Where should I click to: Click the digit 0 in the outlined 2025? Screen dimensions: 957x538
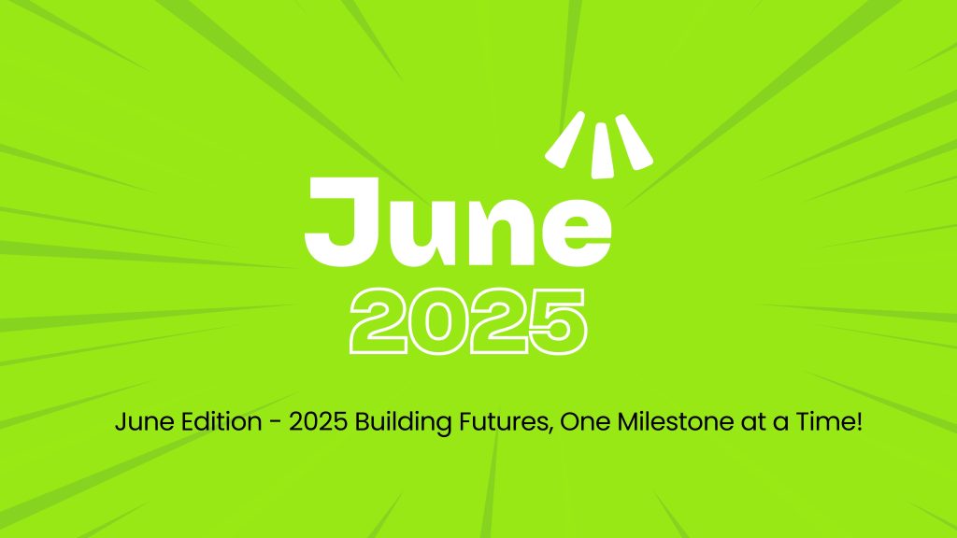pos(437,321)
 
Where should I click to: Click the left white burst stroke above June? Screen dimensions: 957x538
pos(565,140)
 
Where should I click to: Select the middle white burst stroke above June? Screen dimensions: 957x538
pos(602,150)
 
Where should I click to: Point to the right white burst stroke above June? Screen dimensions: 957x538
pos(635,142)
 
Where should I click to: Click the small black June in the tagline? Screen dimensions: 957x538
pos(145,422)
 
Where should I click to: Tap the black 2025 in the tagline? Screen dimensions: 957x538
pos(318,422)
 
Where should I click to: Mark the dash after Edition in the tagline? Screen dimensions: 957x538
pos(276,423)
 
